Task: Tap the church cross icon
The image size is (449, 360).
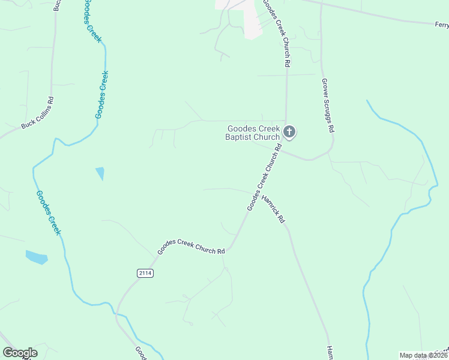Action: pyautogui.click(x=289, y=132)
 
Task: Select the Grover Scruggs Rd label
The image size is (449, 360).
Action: pyautogui.click(x=328, y=106)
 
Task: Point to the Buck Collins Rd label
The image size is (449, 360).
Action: pyautogui.click(x=37, y=113)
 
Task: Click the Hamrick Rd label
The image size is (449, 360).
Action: pyautogui.click(x=273, y=209)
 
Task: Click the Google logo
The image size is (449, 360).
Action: pyautogui.click(x=20, y=353)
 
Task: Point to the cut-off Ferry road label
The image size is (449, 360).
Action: pyautogui.click(x=441, y=25)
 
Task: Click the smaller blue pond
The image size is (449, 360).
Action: pyautogui.click(x=100, y=173)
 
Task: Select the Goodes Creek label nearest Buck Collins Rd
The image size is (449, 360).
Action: pyautogui.click(x=103, y=94)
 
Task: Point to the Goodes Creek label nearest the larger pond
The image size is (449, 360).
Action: pyautogui.click(x=48, y=212)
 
